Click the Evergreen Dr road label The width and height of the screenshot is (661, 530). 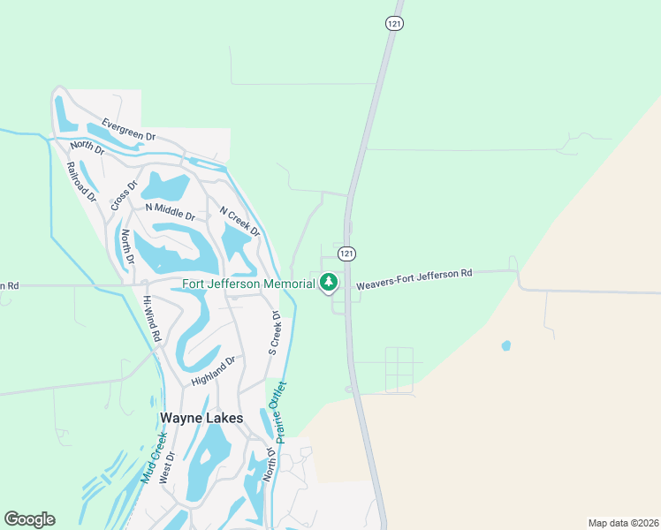tap(128, 130)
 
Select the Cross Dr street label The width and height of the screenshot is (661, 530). tap(125, 196)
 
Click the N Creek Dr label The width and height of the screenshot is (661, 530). tap(239, 222)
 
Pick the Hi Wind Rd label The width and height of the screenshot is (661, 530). tap(152, 319)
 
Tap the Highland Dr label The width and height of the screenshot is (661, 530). tap(214, 372)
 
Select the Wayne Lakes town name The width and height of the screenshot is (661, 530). tap(201, 418)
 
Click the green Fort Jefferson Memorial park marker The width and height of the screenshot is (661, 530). tap(329, 283)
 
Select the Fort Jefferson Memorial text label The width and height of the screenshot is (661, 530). tap(248, 284)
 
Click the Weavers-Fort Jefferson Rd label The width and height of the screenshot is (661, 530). tap(414, 280)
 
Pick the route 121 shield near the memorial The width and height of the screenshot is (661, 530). tap(347, 254)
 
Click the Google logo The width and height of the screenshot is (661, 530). tap(29, 519)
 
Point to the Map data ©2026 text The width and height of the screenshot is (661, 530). tap(623, 523)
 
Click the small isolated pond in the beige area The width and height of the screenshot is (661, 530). tap(505, 345)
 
